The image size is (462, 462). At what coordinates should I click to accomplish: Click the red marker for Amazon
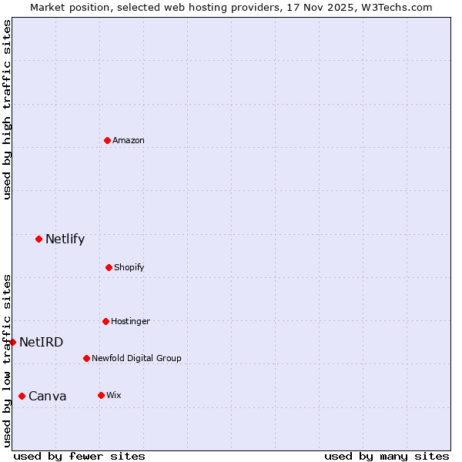point(107,140)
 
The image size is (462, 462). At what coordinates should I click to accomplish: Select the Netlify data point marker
point(38,239)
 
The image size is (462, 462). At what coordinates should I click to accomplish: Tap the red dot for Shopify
point(109,267)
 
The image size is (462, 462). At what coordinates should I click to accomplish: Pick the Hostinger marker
point(105,321)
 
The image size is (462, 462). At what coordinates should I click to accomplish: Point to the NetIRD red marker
point(12,342)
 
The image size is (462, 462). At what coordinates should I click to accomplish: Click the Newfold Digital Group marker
point(86,358)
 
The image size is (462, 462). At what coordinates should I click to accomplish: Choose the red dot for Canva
point(22,396)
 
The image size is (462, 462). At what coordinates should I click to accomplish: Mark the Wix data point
point(101,395)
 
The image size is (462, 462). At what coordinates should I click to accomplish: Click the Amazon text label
point(129,140)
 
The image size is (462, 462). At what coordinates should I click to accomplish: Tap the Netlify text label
point(65,239)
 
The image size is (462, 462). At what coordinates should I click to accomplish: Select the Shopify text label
point(129,267)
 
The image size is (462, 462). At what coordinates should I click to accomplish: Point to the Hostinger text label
point(130,321)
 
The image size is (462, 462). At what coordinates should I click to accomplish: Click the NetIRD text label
point(42,342)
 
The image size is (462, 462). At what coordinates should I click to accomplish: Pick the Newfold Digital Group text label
point(136,358)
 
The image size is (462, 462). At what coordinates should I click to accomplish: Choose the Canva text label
point(48,396)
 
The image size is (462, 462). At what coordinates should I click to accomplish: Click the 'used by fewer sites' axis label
point(79,456)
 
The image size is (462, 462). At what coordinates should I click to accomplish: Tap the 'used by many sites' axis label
point(387,456)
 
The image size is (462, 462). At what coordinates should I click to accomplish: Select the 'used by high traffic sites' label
point(7,109)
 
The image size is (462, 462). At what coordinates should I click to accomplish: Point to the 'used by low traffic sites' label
point(7,360)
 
